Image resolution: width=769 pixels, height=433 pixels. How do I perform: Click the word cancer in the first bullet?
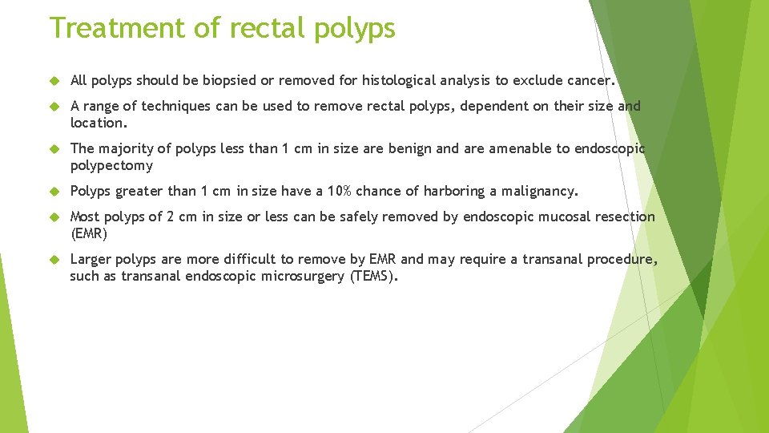click(588, 80)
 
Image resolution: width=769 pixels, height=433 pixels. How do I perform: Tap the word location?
click(98, 123)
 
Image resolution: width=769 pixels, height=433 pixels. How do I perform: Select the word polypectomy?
click(111, 165)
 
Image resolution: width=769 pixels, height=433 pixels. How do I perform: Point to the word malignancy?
click(539, 191)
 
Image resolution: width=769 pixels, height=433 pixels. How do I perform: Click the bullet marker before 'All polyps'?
click(55, 81)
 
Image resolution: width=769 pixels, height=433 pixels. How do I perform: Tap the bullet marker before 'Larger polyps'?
click(55, 260)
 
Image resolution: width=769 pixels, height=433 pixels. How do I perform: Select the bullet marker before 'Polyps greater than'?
click(55, 192)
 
